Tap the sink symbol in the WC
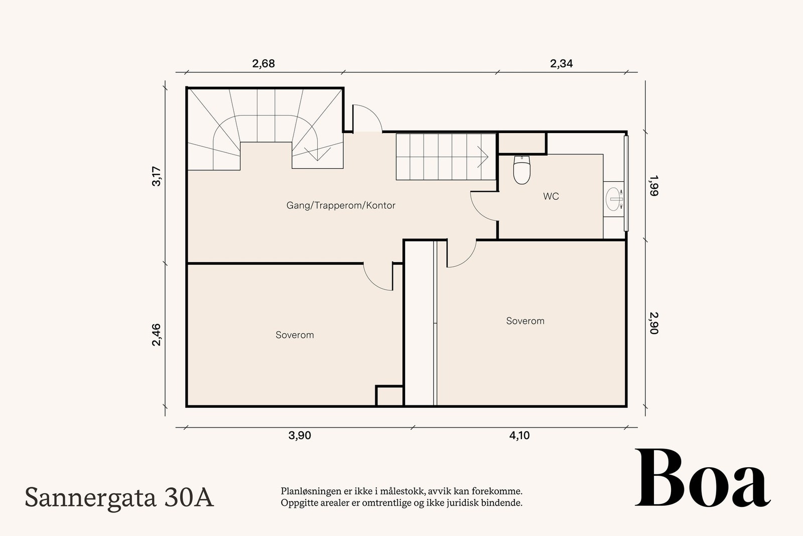point(614,199)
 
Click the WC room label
point(551,196)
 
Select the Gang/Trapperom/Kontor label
point(341,205)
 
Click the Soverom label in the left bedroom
point(295,335)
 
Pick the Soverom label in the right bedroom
point(525,321)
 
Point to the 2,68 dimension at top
point(263,64)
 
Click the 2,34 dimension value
point(561,64)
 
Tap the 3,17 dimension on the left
point(157,176)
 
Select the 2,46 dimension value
point(157,335)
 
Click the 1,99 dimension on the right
point(653,185)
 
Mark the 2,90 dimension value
point(653,323)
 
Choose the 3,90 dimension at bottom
point(300,436)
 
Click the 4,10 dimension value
point(519,436)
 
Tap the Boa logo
point(702,478)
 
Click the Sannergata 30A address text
point(119,498)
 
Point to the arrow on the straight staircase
point(483,156)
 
